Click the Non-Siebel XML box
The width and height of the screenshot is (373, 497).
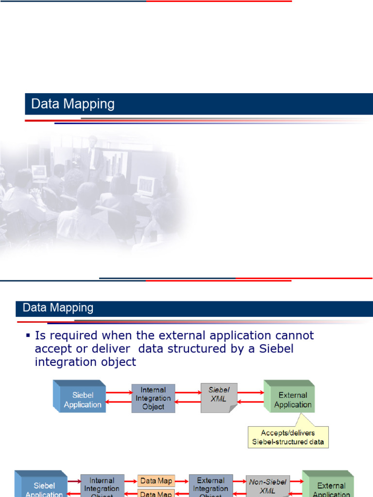[x=268, y=486]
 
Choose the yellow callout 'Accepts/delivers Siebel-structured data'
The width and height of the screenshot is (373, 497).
[x=288, y=437]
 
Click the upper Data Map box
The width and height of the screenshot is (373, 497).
[x=156, y=481]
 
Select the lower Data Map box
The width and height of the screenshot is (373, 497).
[x=156, y=494]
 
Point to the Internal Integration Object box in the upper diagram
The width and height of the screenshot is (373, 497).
[x=153, y=398]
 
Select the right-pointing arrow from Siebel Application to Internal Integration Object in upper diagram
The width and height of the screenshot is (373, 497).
[x=119, y=393]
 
